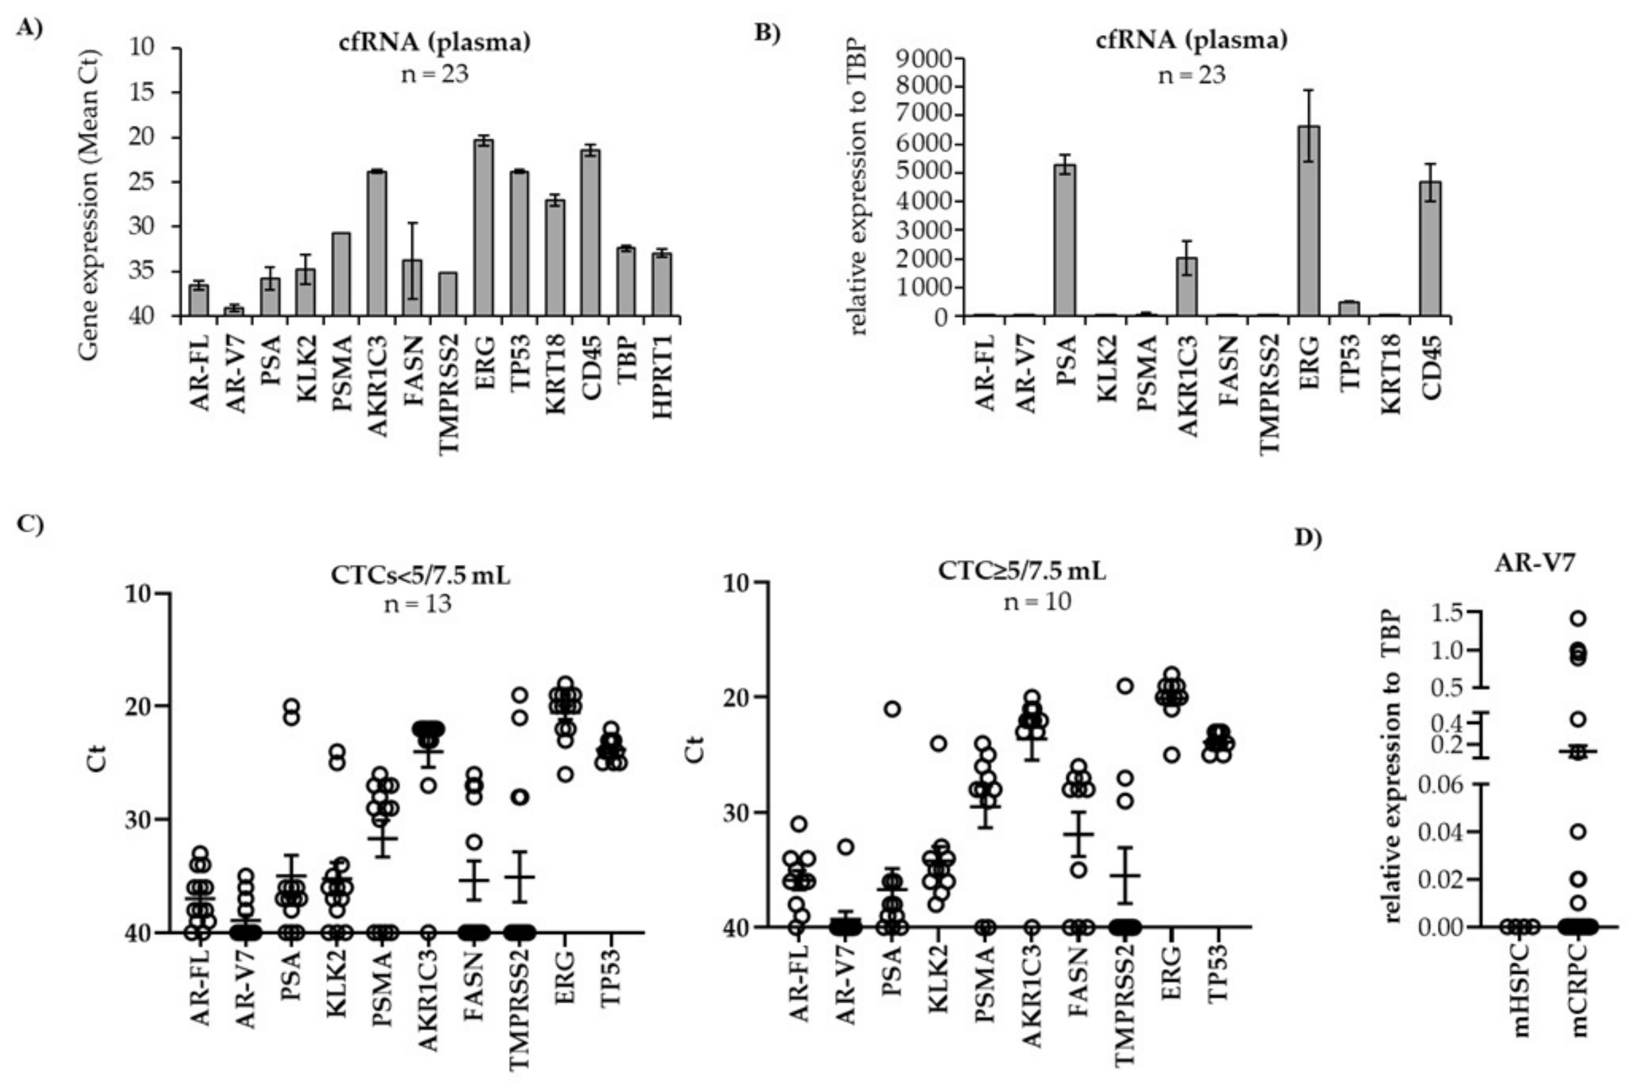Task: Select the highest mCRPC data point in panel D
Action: pos(1578,618)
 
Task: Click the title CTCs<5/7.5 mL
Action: pos(420,576)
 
